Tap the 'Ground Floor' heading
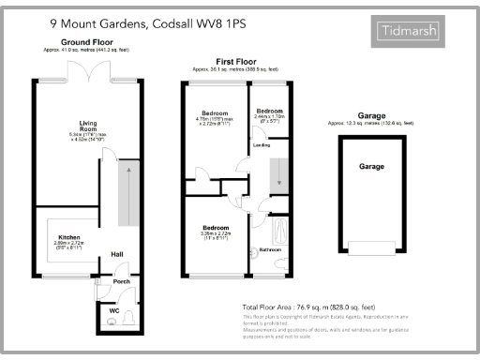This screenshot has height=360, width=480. (87, 43)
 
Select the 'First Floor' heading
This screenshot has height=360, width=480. (231, 63)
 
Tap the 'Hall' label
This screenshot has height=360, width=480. (117, 254)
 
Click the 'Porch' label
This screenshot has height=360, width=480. (121, 279)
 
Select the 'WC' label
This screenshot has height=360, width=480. (113, 310)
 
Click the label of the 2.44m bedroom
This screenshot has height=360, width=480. (271, 111)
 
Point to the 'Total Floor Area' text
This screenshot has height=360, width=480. (309, 307)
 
